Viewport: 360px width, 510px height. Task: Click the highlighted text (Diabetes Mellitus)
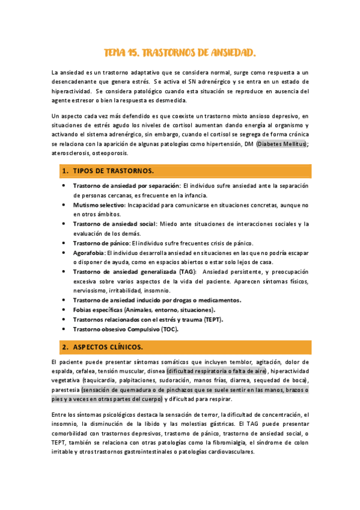[x=282, y=144]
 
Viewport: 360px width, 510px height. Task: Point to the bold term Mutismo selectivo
[x=95, y=205]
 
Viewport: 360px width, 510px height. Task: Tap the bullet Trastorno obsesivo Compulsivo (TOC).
[x=126, y=329]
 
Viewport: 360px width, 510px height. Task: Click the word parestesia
[x=66, y=390]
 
